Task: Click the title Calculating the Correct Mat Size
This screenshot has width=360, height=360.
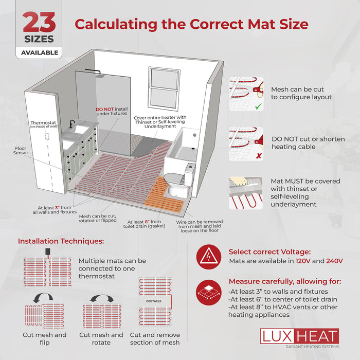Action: point(191,24)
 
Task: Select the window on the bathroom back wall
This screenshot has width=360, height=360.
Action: point(164,84)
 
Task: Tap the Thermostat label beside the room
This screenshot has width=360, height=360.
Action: point(42,123)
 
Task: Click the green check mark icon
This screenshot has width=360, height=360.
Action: point(258,107)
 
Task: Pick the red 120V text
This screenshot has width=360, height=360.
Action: point(303,261)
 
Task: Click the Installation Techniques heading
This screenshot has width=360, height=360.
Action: point(61,241)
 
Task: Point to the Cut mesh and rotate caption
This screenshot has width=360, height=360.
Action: point(101,338)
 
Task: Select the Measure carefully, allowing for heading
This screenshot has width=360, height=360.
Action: point(284,281)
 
